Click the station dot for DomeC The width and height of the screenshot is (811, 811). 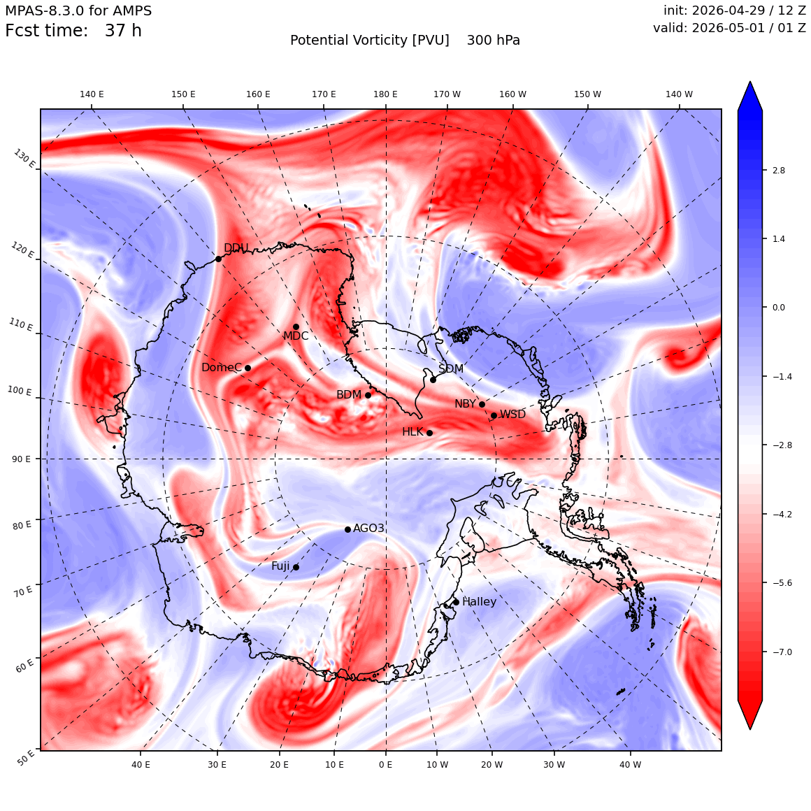[247, 368]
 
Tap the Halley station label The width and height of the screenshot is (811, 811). [480, 601]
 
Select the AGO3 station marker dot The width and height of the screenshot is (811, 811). [347, 530]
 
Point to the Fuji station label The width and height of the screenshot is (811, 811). [281, 566]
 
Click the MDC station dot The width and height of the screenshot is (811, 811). [296, 327]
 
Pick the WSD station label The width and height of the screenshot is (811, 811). [512, 415]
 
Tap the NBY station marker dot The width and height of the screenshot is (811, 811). [482, 405]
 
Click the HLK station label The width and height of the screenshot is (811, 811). [412, 432]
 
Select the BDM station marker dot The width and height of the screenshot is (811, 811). [368, 395]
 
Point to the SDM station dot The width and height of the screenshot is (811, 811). [433, 380]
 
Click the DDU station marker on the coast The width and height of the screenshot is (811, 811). [218, 259]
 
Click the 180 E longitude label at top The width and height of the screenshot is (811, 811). [385, 94]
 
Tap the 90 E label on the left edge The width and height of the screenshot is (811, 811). [21, 459]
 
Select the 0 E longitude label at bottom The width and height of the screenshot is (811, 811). [385, 764]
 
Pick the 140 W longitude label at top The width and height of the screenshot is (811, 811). [679, 94]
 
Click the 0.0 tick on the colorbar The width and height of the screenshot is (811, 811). [778, 308]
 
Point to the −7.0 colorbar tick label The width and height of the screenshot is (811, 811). [782, 652]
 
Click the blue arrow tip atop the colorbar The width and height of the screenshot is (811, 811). [750, 82]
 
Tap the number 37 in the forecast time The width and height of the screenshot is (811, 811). [114, 31]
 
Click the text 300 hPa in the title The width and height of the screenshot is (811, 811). [494, 41]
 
